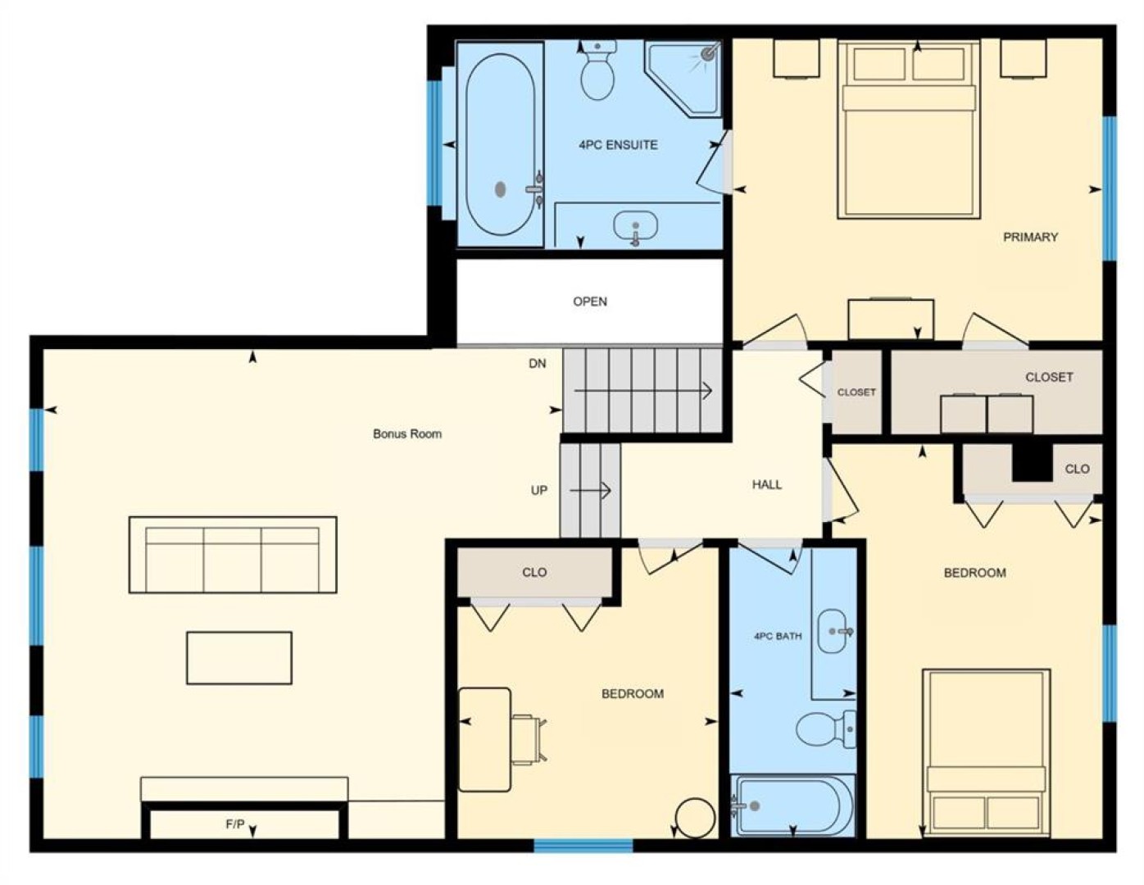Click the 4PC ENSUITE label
618,145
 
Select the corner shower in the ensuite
683,79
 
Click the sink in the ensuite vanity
635,227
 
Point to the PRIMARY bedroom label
1030,237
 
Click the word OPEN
590,301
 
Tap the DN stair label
537,363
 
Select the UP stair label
538,490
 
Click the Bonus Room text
407,433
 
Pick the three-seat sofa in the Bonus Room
233,555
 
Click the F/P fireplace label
235,824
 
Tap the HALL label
766,484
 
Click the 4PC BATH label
778,636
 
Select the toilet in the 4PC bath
825,729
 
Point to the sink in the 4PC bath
834,631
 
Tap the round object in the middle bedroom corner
695,818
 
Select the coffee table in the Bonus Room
239,658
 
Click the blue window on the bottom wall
583,846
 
